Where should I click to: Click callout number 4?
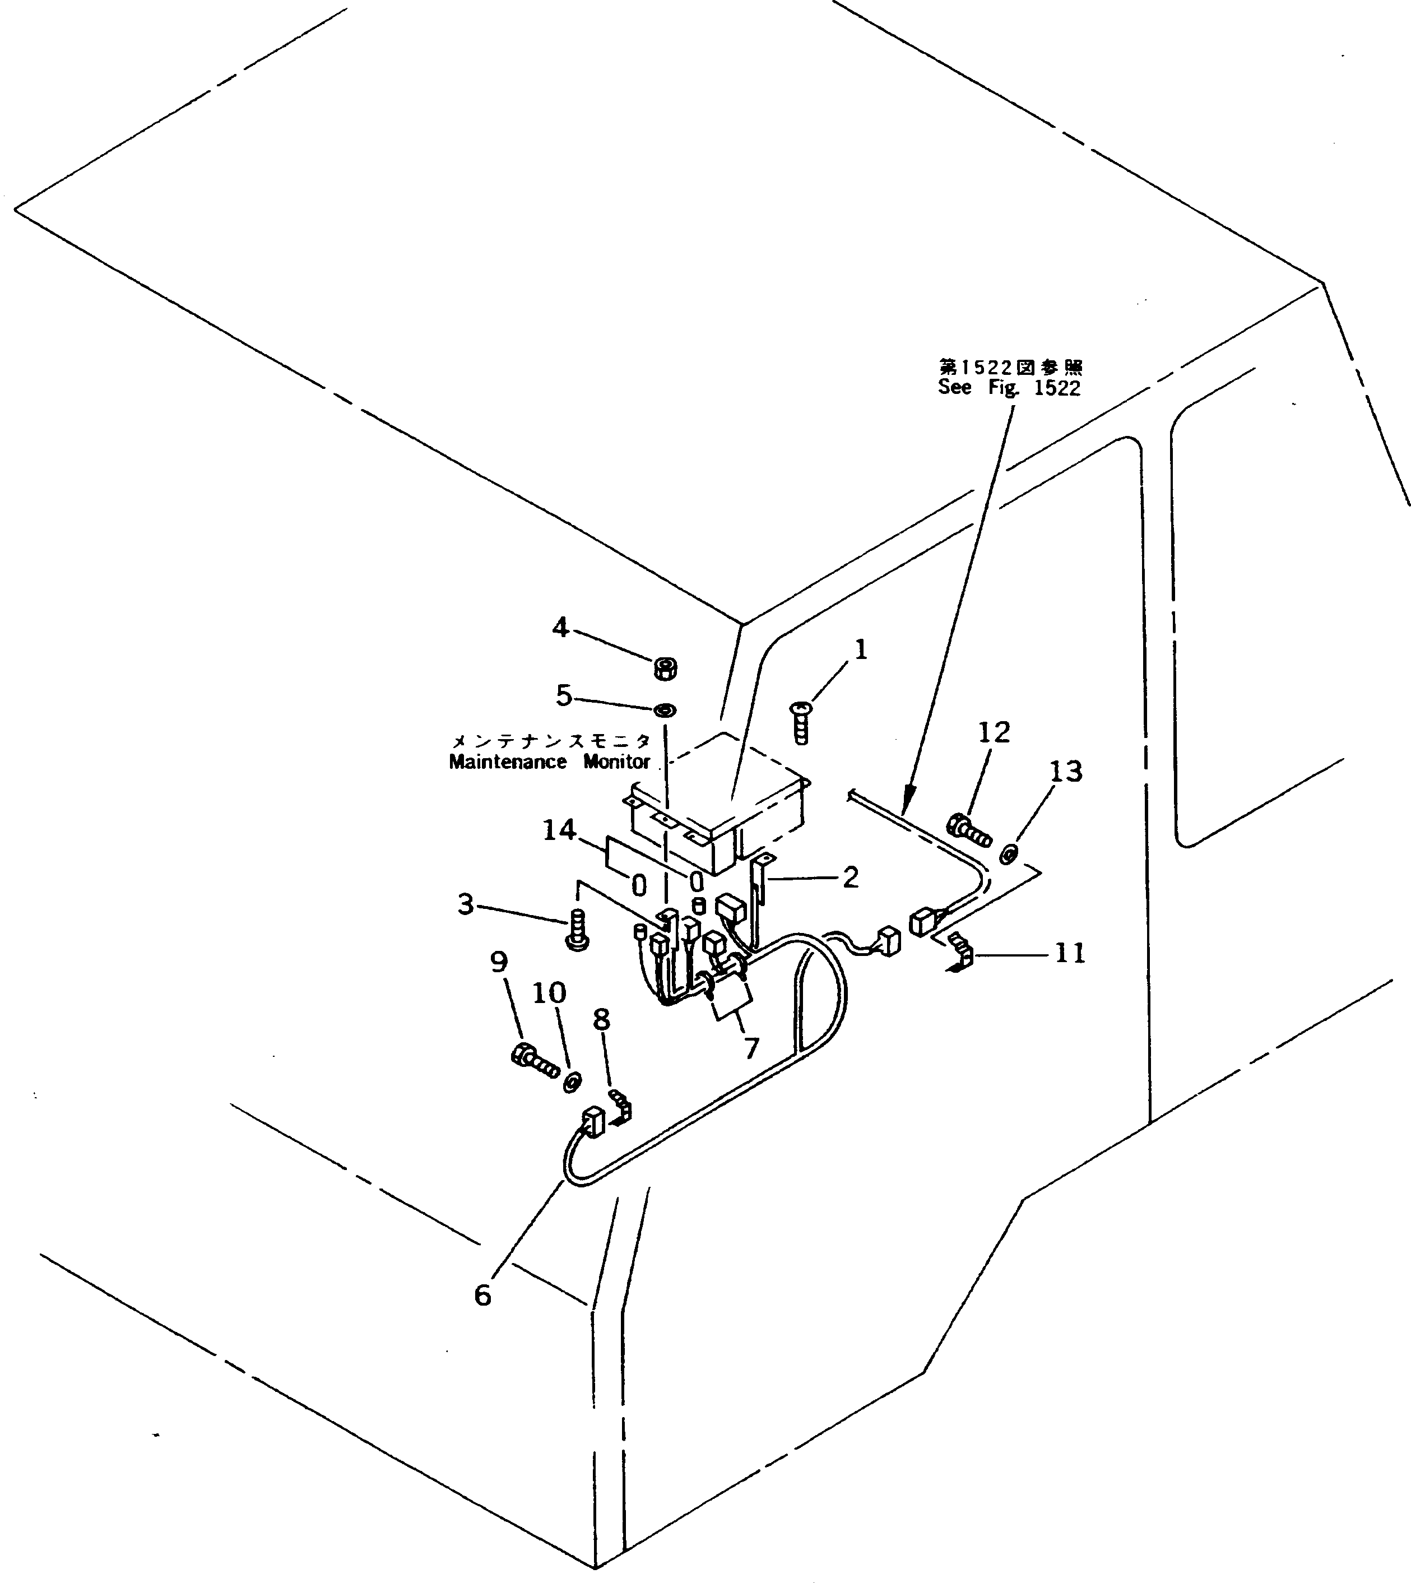[560, 627]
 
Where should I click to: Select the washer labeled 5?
[665, 709]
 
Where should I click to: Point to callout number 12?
[995, 732]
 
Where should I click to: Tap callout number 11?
[1071, 953]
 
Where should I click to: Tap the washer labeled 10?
[572, 1081]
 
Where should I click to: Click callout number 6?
[482, 1294]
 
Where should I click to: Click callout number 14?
[559, 830]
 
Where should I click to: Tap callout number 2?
[851, 878]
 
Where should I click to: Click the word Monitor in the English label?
[616, 762]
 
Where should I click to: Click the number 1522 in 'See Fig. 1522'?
[1057, 388]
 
